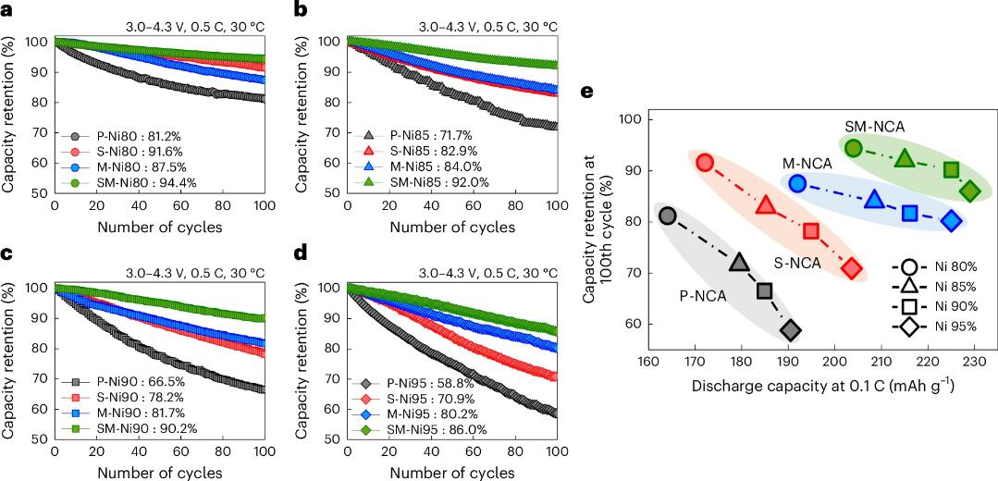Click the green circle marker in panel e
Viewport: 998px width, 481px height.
pos(853,148)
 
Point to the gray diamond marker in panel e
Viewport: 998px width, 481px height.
pos(790,331)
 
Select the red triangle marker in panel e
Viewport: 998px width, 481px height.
pos(765,204)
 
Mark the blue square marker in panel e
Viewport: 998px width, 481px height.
pos(909,213)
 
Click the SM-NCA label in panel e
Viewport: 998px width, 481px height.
pos(874,125)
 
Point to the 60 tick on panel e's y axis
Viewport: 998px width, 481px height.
pos(635,325)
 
